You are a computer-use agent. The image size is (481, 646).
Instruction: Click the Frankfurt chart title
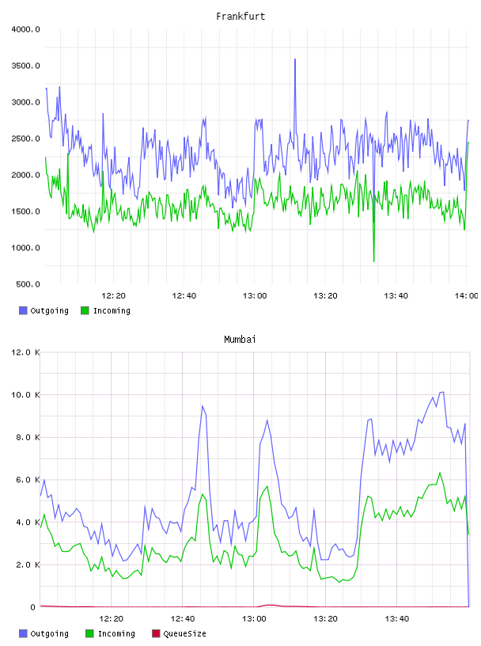point(240,17)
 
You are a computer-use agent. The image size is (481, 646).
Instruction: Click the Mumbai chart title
point(240,340)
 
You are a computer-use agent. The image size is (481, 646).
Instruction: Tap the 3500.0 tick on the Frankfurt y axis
point(25,66)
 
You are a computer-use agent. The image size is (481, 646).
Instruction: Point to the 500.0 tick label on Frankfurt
point(28,284)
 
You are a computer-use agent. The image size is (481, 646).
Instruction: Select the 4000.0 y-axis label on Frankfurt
point(25,29)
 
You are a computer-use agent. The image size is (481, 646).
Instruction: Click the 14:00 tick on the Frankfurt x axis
point(466,296)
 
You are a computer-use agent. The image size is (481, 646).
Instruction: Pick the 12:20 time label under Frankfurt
point(113,296)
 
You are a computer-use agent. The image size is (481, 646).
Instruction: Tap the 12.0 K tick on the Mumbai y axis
point(25,352)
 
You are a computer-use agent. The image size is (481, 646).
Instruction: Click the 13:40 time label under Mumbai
point(396,619)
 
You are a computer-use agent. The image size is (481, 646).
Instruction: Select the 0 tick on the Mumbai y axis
point(32,607)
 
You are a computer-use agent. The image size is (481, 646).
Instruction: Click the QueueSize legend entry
point(179,633)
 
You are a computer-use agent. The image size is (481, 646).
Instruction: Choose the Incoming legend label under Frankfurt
point(112,310)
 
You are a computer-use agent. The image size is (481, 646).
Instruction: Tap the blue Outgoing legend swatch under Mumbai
point(23,633)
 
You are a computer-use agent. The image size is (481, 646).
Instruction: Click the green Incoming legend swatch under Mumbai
point(89,633)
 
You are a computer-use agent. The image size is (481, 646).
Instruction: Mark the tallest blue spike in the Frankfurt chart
point(295,59)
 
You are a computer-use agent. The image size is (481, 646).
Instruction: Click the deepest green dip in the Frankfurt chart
point(374,261)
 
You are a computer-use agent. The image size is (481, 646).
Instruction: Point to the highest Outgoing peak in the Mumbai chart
point(442,392)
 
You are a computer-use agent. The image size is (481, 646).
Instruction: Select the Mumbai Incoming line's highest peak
point(440,473)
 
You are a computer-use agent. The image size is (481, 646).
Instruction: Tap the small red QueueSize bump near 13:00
point(270,605)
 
